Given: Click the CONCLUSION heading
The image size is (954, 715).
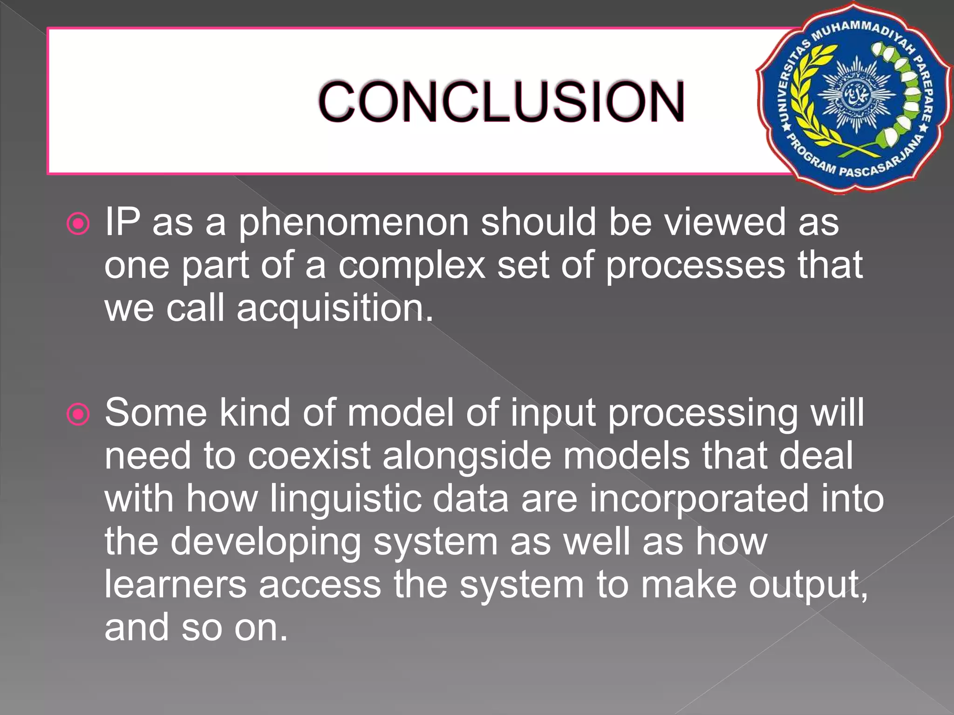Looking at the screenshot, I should (501, 101).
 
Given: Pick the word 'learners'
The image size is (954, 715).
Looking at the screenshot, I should (175, 585).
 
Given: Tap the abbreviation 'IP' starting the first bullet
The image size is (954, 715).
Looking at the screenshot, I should (122, 223).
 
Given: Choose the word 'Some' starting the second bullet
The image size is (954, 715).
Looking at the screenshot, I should (156, 413).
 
